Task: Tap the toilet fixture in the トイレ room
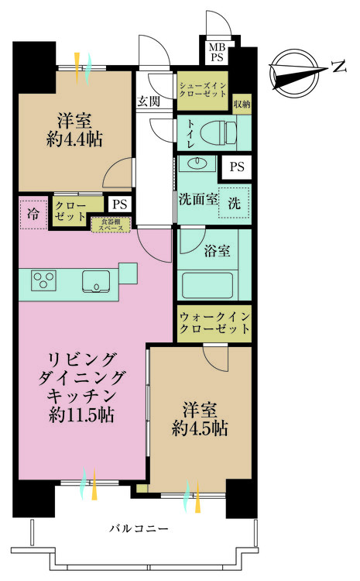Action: [x=214, y=132]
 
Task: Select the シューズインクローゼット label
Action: [x=202, y=90]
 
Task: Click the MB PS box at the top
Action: [x=215, y=53]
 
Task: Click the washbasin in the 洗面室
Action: [x=195, y=164]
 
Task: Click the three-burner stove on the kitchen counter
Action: [x=43, y=280]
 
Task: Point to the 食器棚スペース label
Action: [x=111, y=225]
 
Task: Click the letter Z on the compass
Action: [x=338, y=68]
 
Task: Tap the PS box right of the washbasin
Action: [x=236, y=166]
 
